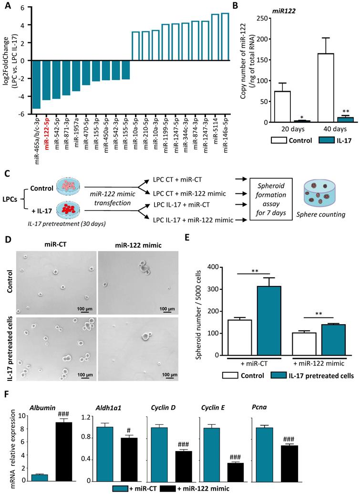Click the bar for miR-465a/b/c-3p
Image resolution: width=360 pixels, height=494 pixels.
click(x=36, y=84)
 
